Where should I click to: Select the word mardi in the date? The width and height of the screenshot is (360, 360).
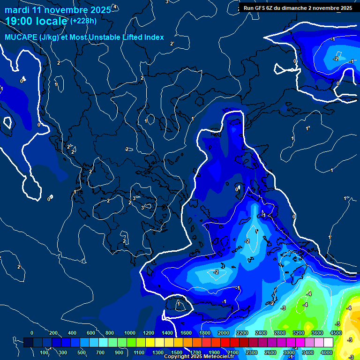[16, 9]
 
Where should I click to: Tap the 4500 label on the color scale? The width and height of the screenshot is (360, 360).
[336, 333]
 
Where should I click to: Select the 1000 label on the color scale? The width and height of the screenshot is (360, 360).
[130, 333]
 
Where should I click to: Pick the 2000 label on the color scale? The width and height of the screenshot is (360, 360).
[224, 333]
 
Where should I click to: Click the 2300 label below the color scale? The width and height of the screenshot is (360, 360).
[252, 352]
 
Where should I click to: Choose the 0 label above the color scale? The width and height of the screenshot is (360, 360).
[32, 333]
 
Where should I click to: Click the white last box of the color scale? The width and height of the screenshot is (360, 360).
[328, 343]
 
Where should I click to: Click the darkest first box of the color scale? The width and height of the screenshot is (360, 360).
[28, 343]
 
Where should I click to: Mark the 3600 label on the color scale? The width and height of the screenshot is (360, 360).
[317, 333]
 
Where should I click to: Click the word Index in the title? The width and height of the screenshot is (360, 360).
[154, 37]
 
